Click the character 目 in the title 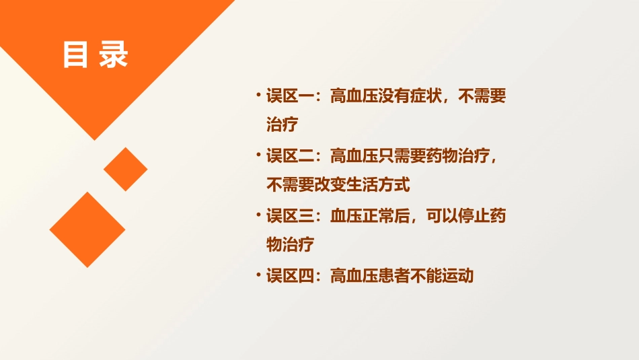(x=76, y=55)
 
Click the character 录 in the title (x=114, y=55)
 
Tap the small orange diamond (x=126, y=169)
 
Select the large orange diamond (x=87, y=229)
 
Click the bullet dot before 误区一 (x=258, y=95)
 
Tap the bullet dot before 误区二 (x=258, y=155)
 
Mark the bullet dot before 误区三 (x=258, y=215)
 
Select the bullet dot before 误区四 (x=258, y=274)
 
